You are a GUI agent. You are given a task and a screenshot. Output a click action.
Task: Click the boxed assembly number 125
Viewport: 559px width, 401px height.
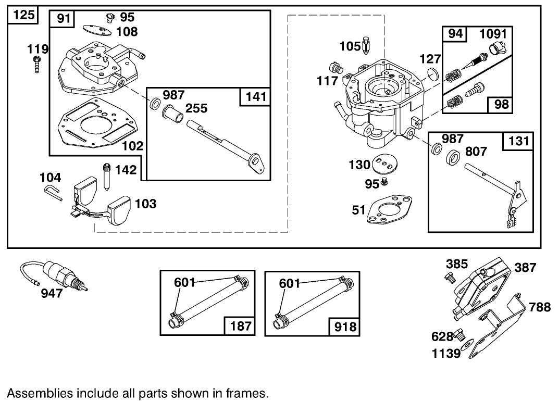click(x=23, y=15)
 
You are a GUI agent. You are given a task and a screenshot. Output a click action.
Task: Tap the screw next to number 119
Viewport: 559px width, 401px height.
click(x=37, y=65)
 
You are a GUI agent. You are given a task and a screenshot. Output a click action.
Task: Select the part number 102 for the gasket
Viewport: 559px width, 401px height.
click(x=132, y=145)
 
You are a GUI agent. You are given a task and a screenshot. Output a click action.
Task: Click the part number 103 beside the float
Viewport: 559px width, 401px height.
click(x=145, y=203)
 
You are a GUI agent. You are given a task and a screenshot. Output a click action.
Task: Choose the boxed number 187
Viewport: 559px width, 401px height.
click(x=240, y=326)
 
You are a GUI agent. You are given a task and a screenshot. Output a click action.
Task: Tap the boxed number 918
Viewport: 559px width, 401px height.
click(x=345, y=326)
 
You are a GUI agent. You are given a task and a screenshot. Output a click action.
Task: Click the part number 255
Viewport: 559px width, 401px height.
click(x=196, y=108)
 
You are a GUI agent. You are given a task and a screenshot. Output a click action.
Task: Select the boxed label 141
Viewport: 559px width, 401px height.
click(x=256, y=96)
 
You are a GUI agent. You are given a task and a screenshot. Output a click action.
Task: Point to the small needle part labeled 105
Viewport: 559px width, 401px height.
click(x=368, y=45)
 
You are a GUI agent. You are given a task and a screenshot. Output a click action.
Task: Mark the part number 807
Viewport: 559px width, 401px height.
click(x=476, y=151)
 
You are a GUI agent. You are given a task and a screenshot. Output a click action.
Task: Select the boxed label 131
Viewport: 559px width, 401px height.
click(x=518, y=141)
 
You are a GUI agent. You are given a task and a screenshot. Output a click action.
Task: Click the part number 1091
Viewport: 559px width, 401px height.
click(x=492, y=34)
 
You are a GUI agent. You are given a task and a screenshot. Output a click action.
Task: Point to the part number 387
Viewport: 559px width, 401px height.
click(x=525, y=267)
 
